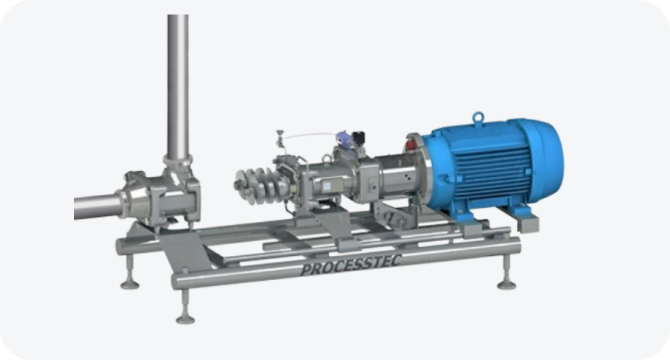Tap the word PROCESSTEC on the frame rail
coord(351,265)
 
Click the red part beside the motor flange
coord(410,144)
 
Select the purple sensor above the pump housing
coord(344,139)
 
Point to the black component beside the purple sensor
coord(359,138)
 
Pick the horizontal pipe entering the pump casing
coord(99,207)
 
